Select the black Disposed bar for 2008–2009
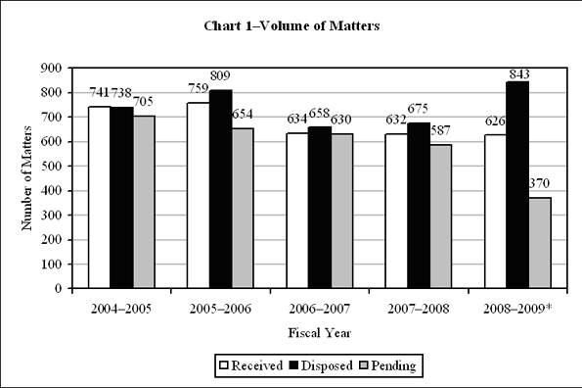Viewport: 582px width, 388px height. pyautogui.click(x=516, y=185)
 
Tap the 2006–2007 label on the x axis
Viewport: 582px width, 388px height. pyautogui.click(x=317, y=307)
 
